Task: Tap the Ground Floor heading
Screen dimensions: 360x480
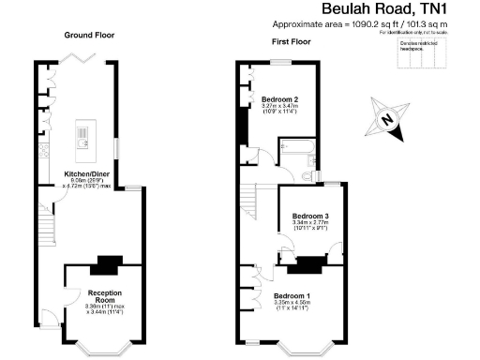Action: pos(90,35)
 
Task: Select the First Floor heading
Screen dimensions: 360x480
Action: pos(292,43)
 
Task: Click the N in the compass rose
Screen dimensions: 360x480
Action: pos(387,119)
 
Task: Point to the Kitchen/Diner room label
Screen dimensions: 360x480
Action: pos(83,174)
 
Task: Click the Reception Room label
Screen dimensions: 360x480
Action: pos(104,293)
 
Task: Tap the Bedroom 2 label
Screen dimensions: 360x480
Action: pos(280,99)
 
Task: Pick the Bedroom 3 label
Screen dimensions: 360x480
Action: pos(309,216)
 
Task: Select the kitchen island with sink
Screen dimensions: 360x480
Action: pos(83,140)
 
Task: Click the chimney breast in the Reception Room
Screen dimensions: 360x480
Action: pos(111,264)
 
